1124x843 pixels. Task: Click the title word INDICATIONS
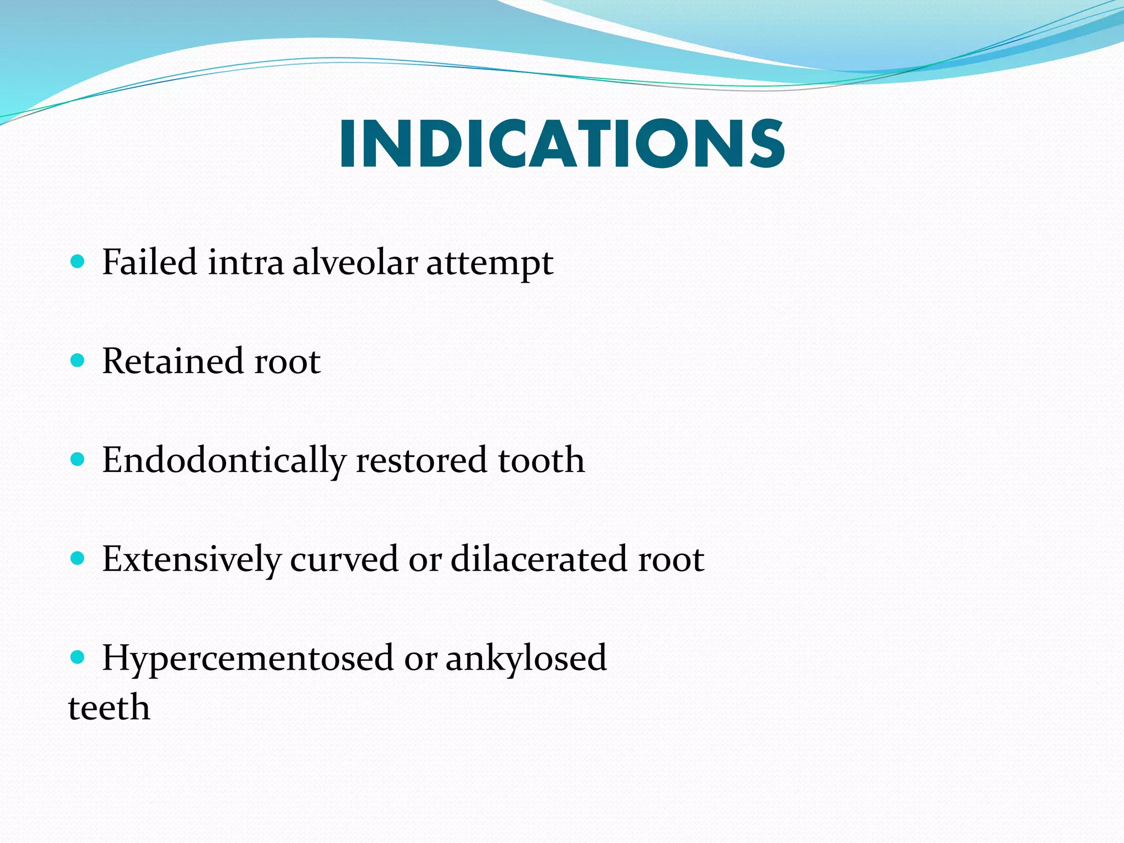pos(562,144)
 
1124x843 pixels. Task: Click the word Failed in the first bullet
pos(149,262)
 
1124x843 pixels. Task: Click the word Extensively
pos(191,560)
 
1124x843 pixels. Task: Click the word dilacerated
pos(538,560)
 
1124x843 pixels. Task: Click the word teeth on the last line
pos(109,707)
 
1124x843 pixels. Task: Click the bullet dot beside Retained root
pos(78,361)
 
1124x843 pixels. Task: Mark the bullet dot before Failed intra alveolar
pos(78,261)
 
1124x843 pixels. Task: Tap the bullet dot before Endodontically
pos(78,459)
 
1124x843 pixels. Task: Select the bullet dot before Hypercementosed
pos(78,656)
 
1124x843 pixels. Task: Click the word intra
pos(245,262)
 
